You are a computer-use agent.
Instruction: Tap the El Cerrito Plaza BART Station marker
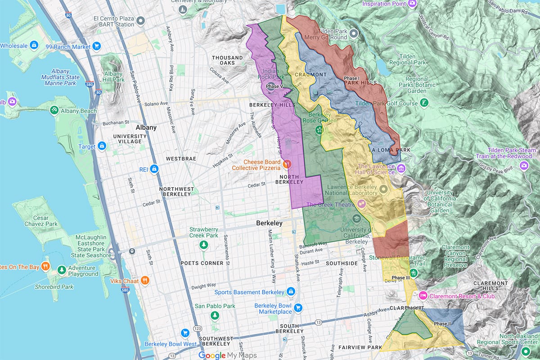140,21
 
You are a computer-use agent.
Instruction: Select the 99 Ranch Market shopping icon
96,46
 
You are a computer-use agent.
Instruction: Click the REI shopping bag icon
154,169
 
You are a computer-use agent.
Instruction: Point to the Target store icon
102,146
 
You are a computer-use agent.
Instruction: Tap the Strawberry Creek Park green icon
203,244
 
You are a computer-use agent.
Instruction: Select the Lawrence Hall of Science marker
401,168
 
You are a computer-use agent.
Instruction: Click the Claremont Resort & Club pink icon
423,296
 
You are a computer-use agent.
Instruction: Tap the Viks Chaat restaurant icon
144,280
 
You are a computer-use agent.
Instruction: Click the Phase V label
275,86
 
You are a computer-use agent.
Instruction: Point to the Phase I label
351,78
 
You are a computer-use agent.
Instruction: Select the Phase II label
442,324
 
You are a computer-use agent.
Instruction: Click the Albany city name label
146,127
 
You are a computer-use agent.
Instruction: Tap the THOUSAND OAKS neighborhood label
227,60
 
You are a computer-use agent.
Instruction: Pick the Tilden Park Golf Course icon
424,103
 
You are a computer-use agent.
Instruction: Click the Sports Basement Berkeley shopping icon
291,292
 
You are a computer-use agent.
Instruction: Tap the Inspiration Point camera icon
412,4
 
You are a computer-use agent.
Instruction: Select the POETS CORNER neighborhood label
202,263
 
